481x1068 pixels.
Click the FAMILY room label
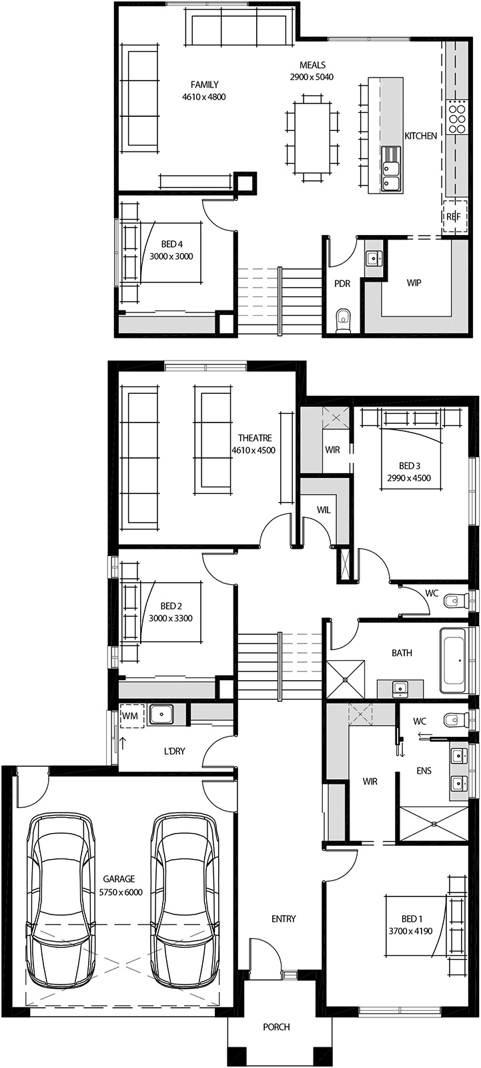pyautogui.click(x=204, y=85)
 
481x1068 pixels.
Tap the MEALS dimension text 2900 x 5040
pyautogui.click(x=312, y=77)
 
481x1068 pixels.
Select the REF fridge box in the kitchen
pyautogui.click(x=454, y=216)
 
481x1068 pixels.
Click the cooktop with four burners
pyautogui.click(x=458, y=117)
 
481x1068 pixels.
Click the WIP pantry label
pyautogui.click(x=414, y=283)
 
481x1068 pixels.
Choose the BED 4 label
pyautogui.click(x=171, y=244)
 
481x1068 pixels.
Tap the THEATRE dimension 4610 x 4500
pyautogui.click(x=254, y=451)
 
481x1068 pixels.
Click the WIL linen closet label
pyautogui.click(x=324, y=510)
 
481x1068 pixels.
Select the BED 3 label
pyautogui.click(x=409, y=465)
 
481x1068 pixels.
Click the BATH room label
pyautogui.click(x=402, y=653)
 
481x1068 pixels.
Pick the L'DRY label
pyautogui.click(x=174, y=751)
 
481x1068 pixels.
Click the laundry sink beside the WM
pyautogui.click(x=161, y=714)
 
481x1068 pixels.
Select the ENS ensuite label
pyautogui.click(x=424, y=771)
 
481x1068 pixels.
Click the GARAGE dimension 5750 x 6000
pyautogui.click(x=121, y=892)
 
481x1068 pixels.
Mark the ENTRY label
pyautogui.click(x=284, y=919)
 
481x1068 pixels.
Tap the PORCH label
pyautogui.click(x=276, y=1027)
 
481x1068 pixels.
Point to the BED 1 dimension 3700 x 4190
pyautogui.click(x=411, y=931)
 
